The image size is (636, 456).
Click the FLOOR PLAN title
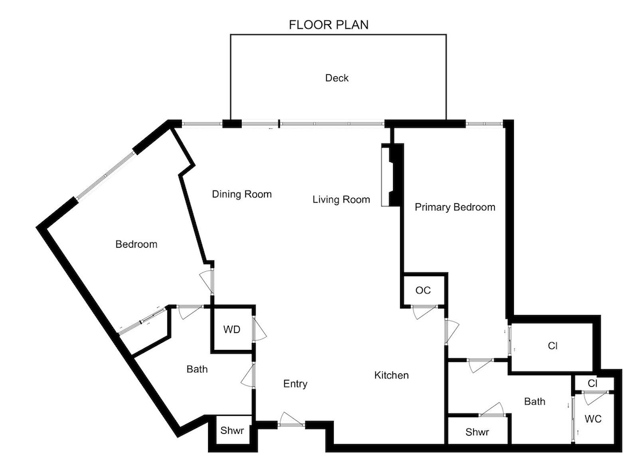pos(329,25)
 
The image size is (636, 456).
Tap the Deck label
pos(336,77)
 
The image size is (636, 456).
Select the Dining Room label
pos(242,194)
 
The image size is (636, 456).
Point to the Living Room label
pos(341,199)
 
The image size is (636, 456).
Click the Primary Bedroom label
pos(455,207)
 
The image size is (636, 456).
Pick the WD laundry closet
pos(232,329)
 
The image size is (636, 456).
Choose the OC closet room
pos(423,290)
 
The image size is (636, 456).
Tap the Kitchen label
pos(391,375)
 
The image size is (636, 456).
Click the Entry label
pos(295,384)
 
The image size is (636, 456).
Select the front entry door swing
pos(291,419)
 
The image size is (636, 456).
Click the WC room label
pos(593,419)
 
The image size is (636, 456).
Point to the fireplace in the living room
pos(392,175)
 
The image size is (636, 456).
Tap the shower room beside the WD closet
pos(232,431)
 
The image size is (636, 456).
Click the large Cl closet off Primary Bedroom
pos(552,346)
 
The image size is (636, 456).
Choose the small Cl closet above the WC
pos(593,383)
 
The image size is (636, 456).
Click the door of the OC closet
pos(425,312)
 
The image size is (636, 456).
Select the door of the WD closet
pos(259,328)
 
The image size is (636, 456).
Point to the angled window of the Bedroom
pos(105,175)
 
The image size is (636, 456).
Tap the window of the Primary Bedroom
pos(484,123)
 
